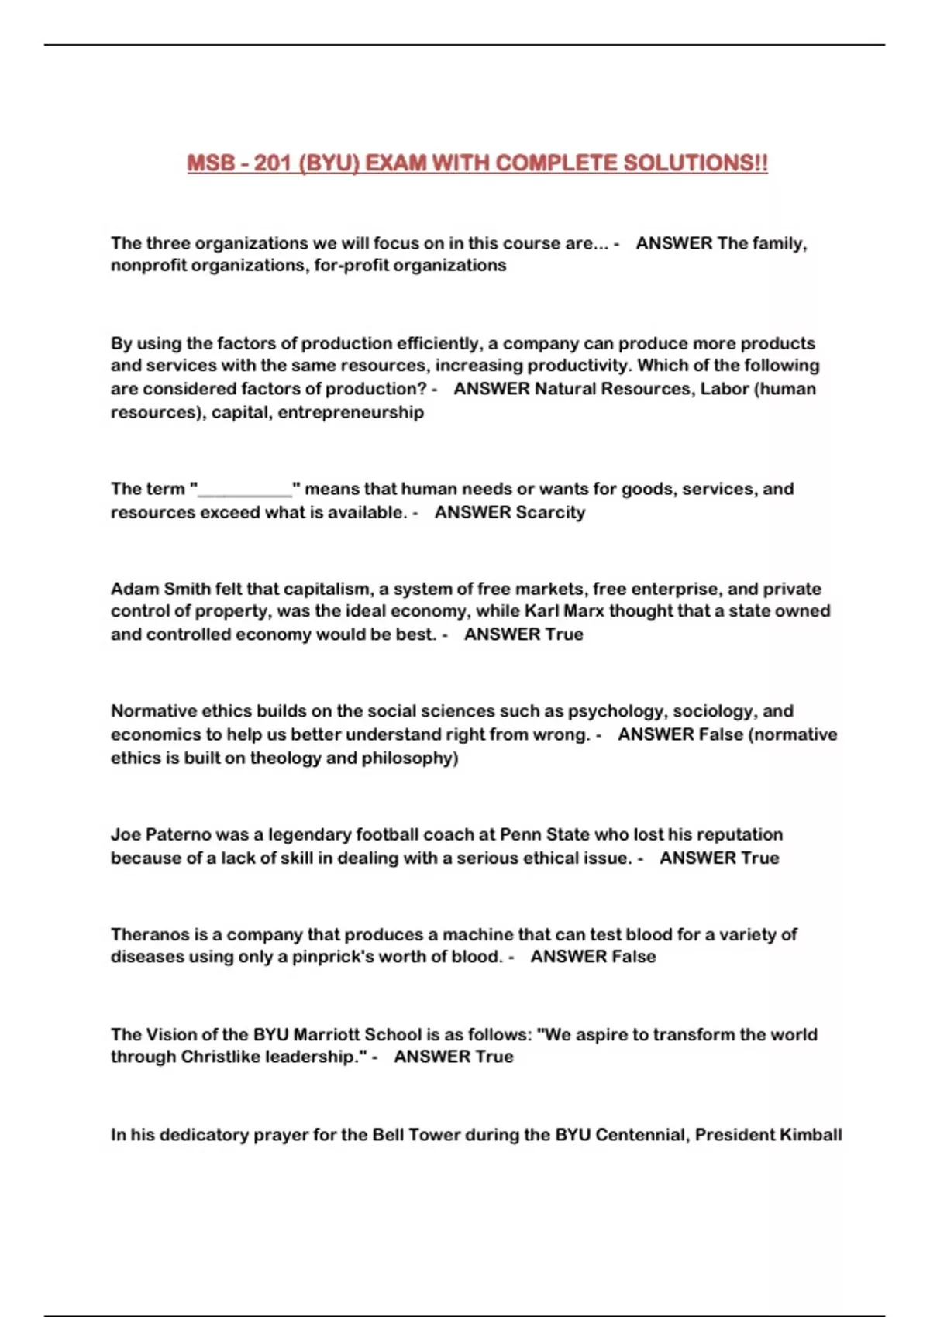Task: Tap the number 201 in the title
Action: [272, 163]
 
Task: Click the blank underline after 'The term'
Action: [245, 490]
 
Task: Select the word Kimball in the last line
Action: [810, 1135]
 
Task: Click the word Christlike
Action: [220, 1057]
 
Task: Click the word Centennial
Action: [639, 1135]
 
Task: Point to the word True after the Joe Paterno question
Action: [759, 858]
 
